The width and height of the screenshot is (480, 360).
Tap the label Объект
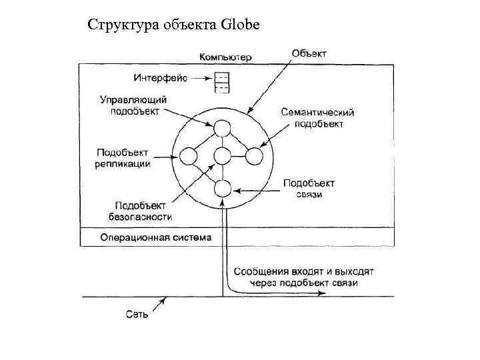(309, 53)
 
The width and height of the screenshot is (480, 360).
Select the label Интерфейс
(161, 78)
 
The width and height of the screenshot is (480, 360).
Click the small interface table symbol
(221, 83)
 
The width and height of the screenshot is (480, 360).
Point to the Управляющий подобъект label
(133, 105)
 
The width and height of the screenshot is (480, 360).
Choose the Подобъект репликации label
(123, 157)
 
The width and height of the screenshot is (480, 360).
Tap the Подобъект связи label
(309, 189)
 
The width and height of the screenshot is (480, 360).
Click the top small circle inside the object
(221, 125)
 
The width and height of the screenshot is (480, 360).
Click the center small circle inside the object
(221, 157)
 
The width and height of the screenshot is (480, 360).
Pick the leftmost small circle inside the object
(189, 157)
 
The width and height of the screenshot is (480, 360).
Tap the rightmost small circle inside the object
(254, 157)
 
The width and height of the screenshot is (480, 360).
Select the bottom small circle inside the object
(221, 189)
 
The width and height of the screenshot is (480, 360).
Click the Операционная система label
(155, 237)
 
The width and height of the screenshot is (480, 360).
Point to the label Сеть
(136, 314)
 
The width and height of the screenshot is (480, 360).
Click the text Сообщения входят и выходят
(304, 272)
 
